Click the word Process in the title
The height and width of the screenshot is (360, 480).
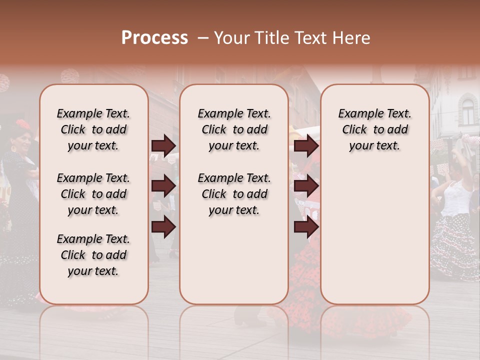[154, 38]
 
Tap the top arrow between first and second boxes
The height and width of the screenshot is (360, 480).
[163, 146]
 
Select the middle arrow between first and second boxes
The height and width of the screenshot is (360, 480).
[163, 186]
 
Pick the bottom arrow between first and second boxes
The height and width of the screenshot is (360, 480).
[163, 227]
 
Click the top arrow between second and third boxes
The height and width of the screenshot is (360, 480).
[306, 146]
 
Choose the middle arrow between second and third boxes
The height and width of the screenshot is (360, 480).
[306, 186]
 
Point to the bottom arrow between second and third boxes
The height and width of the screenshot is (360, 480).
[306, 227]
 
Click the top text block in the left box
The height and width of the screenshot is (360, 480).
[93, 129]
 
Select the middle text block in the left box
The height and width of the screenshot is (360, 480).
[93, 194]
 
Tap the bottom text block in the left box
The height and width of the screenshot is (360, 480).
[93, 255]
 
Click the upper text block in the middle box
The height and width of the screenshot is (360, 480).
[234, 129]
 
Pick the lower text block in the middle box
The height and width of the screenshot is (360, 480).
[234, 194]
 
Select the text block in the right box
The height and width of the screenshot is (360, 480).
[375, 129]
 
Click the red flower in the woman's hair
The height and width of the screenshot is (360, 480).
[23, 124]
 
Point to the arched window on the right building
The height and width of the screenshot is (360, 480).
[467, 111]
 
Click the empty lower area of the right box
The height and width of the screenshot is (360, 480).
[375, 235]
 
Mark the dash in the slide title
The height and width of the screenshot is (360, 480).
[203, 38]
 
